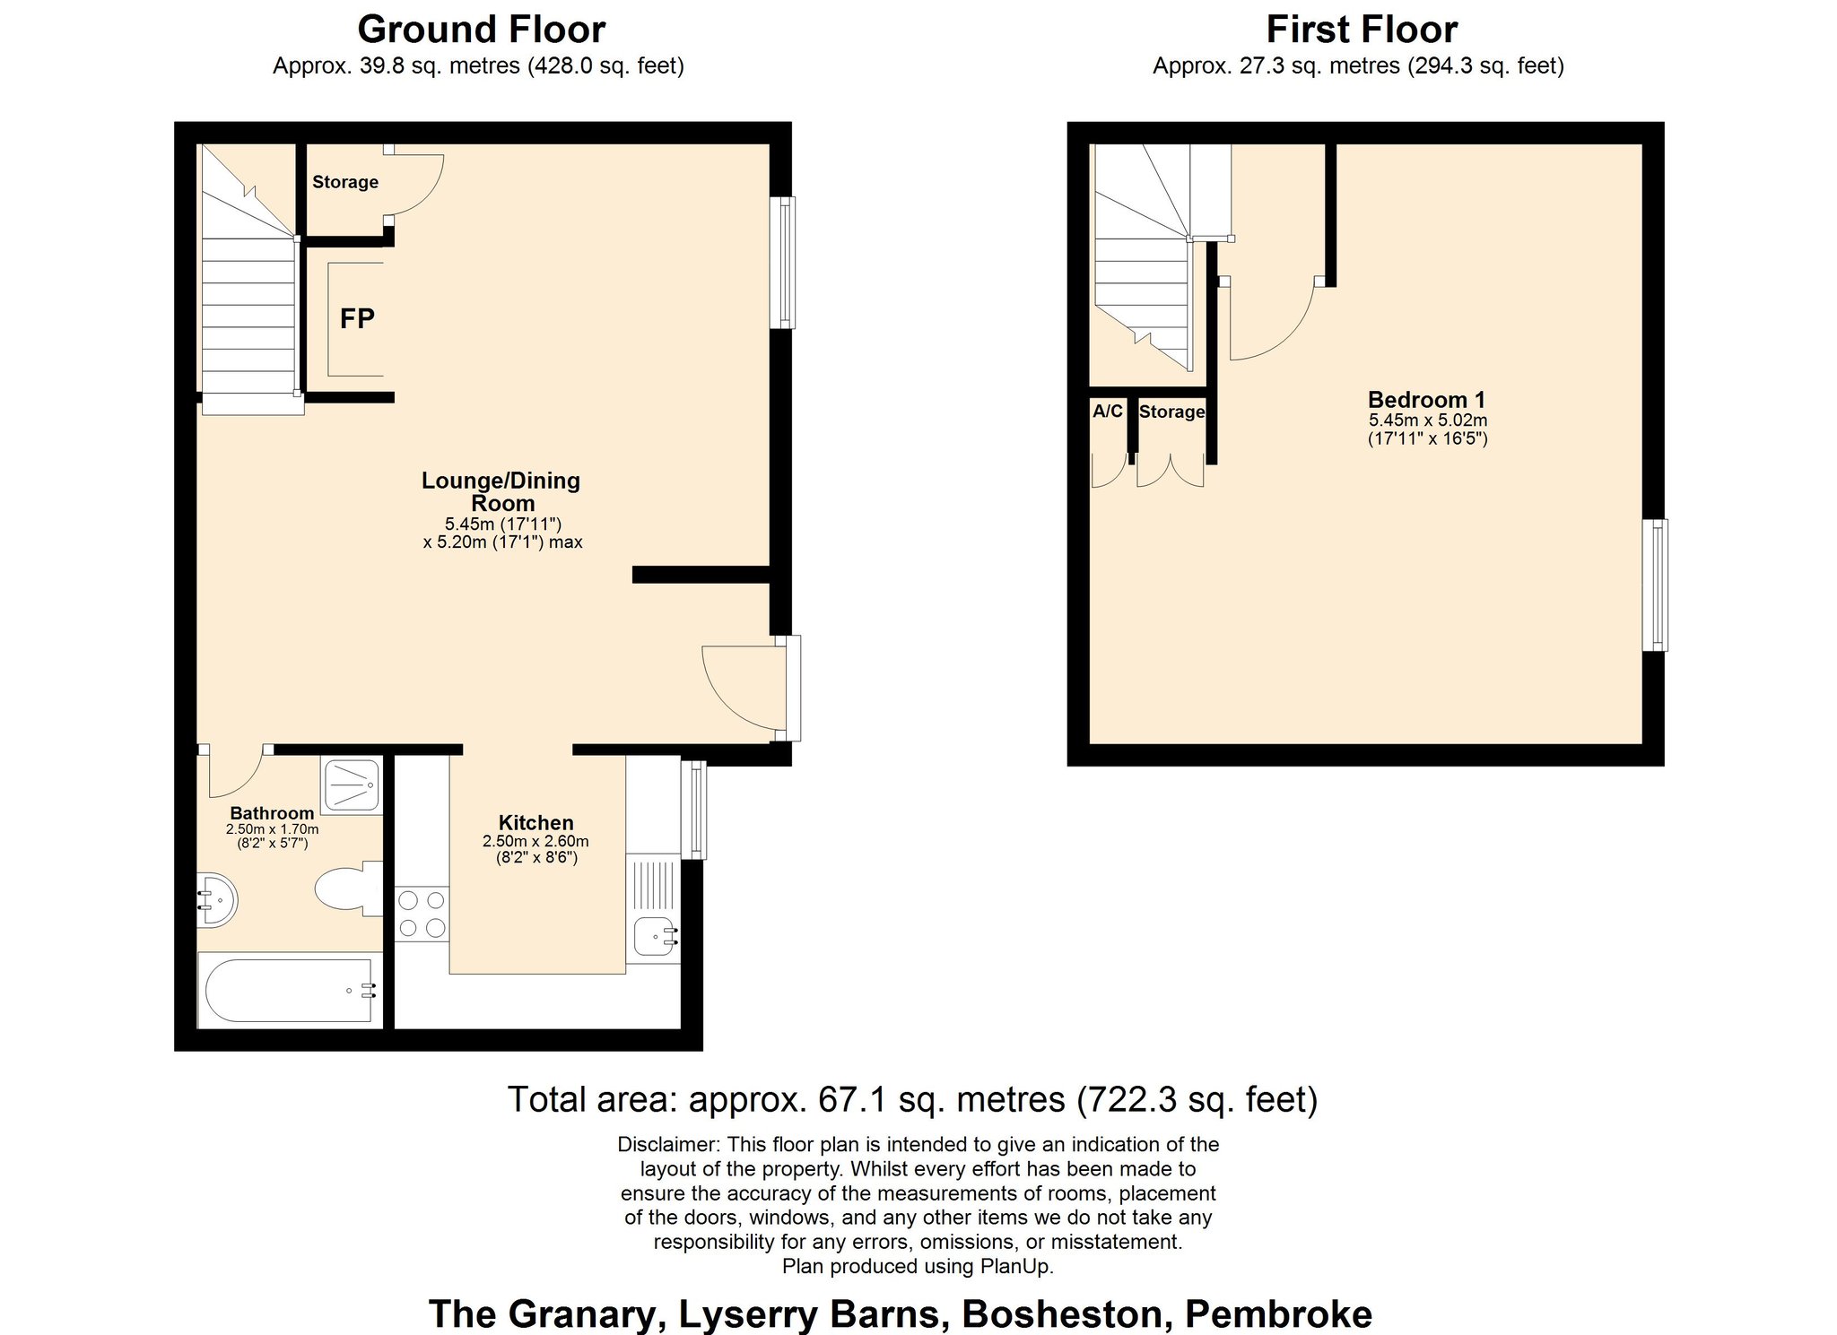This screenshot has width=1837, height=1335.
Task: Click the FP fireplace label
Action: (x=357, y=318)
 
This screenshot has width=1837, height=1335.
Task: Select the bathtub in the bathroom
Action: (x=289, y=991)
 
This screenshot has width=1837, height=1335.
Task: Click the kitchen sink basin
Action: (x=654, y=938)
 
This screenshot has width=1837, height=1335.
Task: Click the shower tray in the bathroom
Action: (x=352, y=785)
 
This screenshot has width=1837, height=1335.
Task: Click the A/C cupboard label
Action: (x=1108, y=412)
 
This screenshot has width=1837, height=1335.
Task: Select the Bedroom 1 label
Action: (x=1426, y=400)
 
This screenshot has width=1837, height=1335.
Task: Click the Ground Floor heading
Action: (x=482, y=30)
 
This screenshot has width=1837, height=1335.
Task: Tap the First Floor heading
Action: (x=1362, y=30)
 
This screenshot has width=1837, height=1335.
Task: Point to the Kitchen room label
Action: (x=535, y=822)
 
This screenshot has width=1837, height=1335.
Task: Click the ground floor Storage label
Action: (x=345, y=182)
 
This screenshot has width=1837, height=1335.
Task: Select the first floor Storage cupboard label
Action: (x=1171, y=412)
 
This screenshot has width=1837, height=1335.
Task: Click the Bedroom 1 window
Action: (x=1656, y=585)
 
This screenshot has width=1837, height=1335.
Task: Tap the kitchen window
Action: (x=693, y=810)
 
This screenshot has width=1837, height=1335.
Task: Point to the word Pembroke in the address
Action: (x=1279, y=1314)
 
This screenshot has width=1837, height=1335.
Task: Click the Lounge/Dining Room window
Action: (x=783, y=262)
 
